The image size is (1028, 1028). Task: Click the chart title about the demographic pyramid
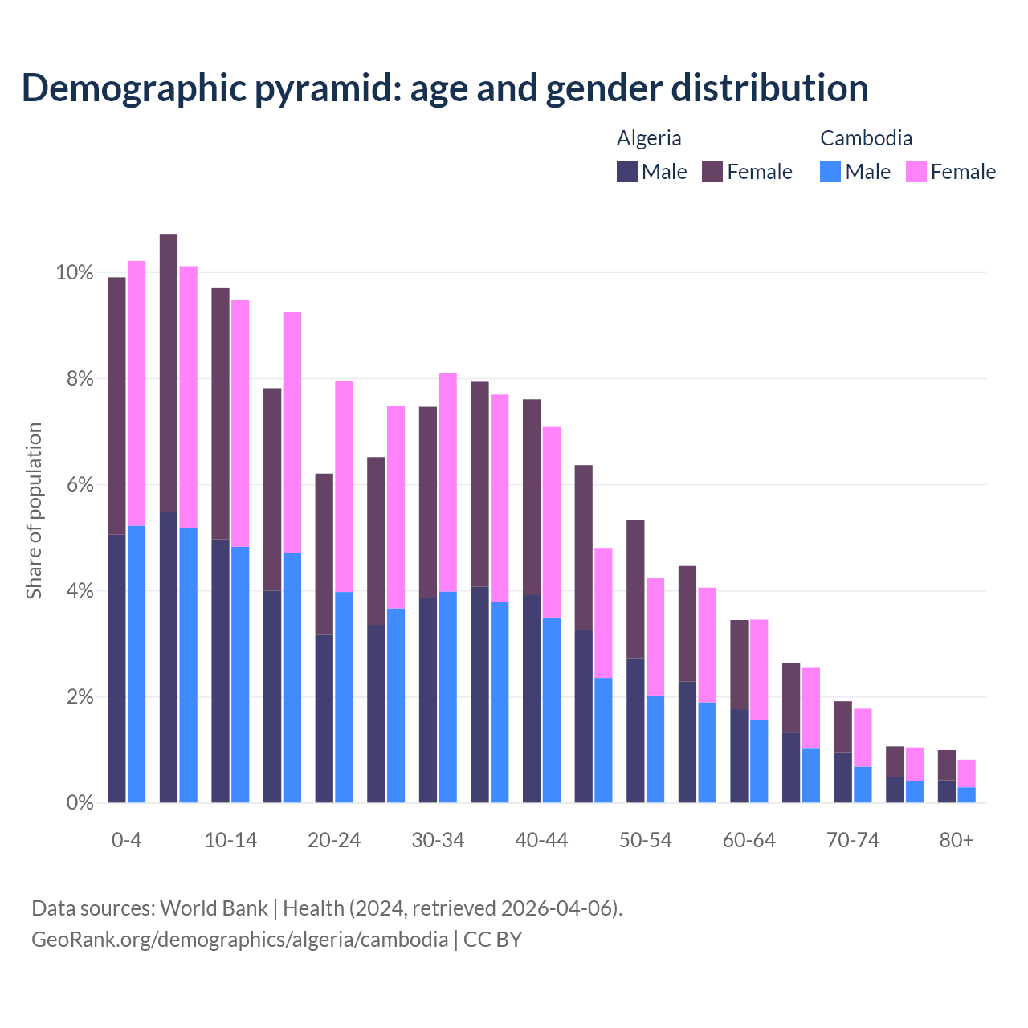coord(445,88)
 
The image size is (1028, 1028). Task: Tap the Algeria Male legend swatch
coord(627,171)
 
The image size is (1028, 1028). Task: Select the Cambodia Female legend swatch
coord(916,171)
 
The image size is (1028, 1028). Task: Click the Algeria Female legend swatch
coord(712,171)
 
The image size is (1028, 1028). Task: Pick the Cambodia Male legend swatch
coord(830,171)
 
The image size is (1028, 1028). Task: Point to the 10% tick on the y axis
coord(74,273)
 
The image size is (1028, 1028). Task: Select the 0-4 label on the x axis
coord(127,840)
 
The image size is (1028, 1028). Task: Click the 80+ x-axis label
coord(957,840)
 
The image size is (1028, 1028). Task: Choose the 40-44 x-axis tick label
coord(541,840)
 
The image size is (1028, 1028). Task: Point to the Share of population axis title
coord(34,511)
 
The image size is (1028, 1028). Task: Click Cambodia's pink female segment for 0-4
coord(137,394)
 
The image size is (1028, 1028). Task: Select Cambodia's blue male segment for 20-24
coord(344,697)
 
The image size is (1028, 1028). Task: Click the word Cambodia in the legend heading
coord(866,138)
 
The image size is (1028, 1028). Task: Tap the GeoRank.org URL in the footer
coord(239,939)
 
